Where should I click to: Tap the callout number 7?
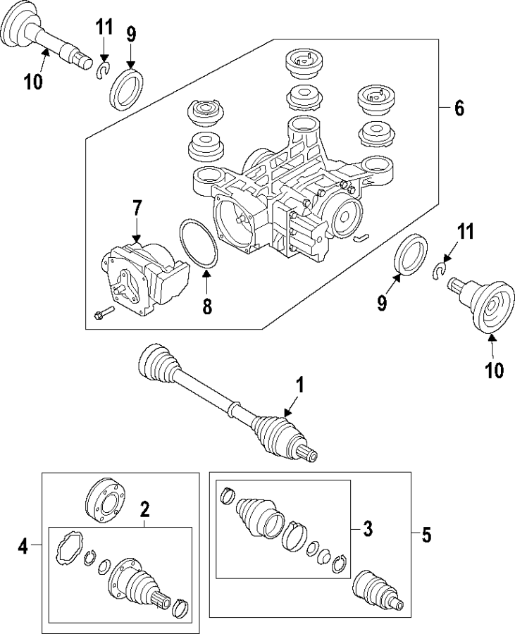tap(137, 208)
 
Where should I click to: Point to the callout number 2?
tap(144, 509)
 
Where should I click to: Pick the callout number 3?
tap(367, 528)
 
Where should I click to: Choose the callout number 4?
tap(23, 546)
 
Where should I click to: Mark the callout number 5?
tap(426, 535)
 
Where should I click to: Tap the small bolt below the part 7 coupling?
tap(102, 313)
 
